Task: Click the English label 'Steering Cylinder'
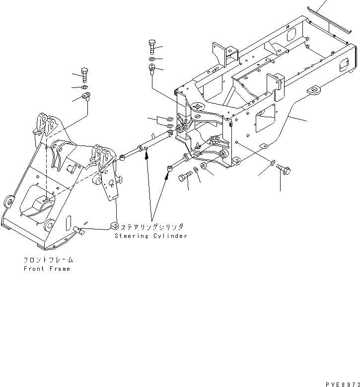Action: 151,236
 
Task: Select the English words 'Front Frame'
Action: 47,269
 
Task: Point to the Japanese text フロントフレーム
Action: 47,260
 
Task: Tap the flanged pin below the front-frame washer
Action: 88,97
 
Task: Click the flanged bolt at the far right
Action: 285,169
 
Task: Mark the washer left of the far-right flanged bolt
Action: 273,163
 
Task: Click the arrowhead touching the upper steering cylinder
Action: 146,154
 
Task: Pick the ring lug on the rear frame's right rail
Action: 314,91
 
